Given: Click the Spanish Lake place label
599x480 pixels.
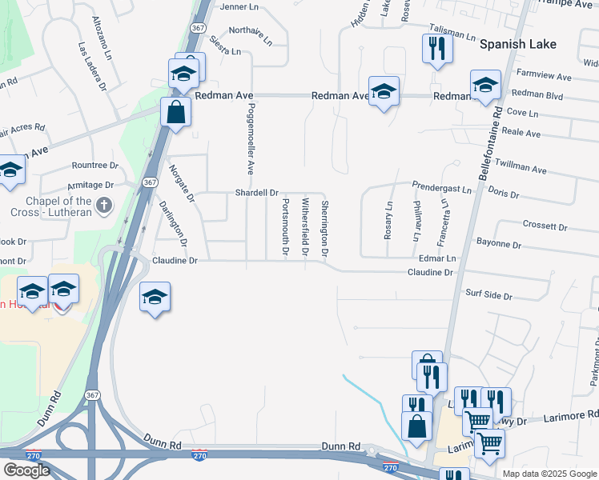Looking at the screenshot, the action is click(x=517, y=44).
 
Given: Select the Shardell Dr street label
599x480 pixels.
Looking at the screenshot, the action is click(x=256, y=193).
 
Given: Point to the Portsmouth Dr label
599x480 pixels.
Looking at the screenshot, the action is click(x=285, y=227).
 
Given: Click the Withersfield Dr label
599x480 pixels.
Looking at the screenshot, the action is click(x=305, y=227).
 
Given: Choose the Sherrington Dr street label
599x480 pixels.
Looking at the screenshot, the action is click(x=325, y=228).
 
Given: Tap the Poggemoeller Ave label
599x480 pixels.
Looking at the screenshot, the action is click(x=250, y=138).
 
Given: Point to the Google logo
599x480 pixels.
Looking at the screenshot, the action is click(x=26, y=470).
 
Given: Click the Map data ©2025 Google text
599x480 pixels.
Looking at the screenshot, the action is click(x=549, y=474).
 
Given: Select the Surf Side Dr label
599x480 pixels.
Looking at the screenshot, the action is click(x=488, y=296).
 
